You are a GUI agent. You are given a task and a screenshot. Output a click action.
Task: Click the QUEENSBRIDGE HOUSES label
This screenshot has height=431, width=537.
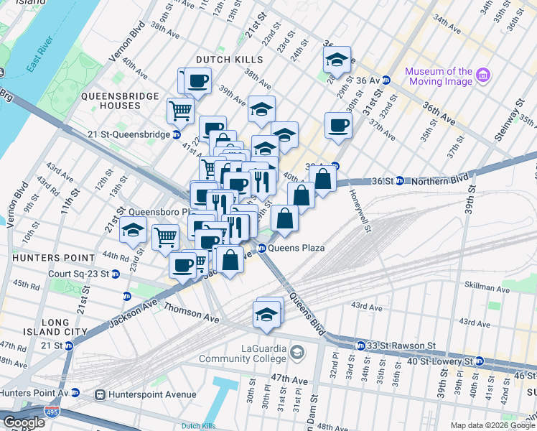pos(111,101)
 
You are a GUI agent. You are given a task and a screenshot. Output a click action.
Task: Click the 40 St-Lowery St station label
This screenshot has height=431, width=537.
pos(439,361)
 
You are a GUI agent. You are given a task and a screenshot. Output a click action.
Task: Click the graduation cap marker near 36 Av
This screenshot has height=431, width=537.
pos(336,62)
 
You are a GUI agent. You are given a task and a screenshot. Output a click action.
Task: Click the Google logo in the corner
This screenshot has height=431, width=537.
pos(24,422)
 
